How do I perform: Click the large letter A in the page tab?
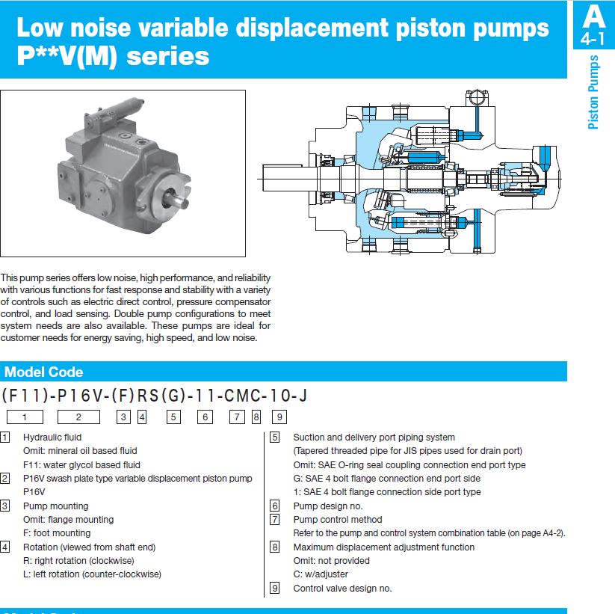(x=593, y=16)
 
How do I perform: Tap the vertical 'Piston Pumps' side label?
(x=593, y=92)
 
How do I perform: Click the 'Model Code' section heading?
(x=44, y=372)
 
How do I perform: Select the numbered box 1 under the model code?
(x=25, y=417)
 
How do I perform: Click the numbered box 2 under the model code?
(x=78, y=417)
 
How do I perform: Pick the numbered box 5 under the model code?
(x=173, y=417)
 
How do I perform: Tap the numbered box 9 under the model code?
(x=279, y=417)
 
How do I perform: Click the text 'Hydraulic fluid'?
(x=52, y=438)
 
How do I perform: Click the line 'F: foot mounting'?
(x=57, y=533)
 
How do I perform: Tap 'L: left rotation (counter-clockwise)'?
(x=92, y=574)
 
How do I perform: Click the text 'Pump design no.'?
(x=327, y=506)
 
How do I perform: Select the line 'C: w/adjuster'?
(x=321, y=574)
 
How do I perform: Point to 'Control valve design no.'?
(x=342, y=589)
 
